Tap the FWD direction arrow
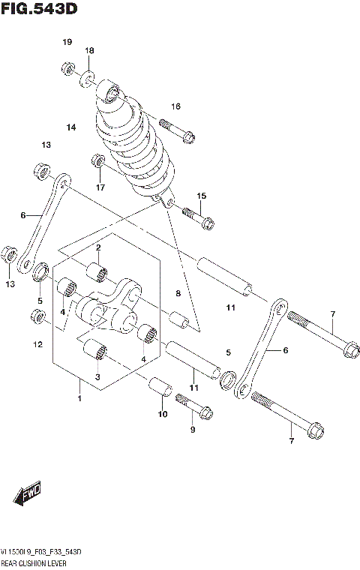[x=29, y=494]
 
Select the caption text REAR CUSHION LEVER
[x=37, y=562]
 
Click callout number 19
[x=67, y=42]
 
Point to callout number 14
[x=70, y=127]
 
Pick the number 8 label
[x=178, y=294]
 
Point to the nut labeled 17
[x=98, y=161]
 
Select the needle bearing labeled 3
[x=97, y=349]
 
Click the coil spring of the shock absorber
[x=136, y=142]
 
